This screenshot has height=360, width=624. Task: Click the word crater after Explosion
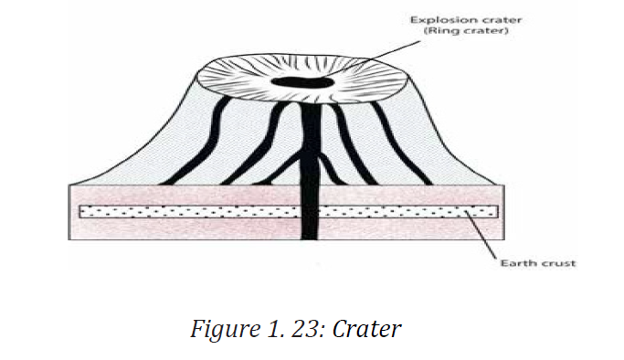[502, 20]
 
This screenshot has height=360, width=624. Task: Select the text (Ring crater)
[466, 31]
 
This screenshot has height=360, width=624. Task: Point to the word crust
[558, 263]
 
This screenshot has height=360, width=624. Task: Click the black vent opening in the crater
[301, 82]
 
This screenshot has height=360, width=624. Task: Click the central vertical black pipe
[311, 171]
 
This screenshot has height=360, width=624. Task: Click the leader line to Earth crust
[481, 235]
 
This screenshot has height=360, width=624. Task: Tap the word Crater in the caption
[366, 329]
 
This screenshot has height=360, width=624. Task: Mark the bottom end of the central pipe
[310, 239]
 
